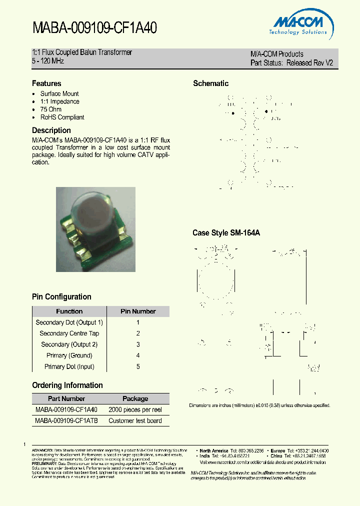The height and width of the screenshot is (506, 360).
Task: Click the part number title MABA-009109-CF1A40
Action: [x=95, y=28]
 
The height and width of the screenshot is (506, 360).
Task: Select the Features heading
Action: [x=46, y=83]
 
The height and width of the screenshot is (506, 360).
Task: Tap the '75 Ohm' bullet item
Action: [x=51, y=109]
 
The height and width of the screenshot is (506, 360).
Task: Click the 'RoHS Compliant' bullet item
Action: [x=62, y=117]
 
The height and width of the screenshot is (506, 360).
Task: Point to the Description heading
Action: [x=51, y=130]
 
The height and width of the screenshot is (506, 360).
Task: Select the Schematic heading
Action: [x=210, y=83]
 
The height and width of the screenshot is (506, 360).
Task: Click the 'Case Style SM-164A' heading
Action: [x=226, y=233]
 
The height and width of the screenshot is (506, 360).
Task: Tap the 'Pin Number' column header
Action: [x=138, y=311]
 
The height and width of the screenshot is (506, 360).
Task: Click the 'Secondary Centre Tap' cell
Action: [x=69, y=333]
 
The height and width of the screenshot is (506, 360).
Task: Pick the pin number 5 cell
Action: [x=138, y=366]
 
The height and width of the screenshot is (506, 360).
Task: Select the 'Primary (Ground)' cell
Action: [x=69, y=355]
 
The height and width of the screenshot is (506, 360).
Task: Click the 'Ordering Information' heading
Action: [x=67, y=385]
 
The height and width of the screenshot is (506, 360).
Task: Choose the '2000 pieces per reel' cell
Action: [x=135, y=410]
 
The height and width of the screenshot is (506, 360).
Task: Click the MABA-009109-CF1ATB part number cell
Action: [x=66, y=421]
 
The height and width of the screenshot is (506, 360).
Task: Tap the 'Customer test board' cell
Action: [x=135, y=421]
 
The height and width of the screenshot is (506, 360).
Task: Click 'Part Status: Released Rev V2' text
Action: [x=291, y=63]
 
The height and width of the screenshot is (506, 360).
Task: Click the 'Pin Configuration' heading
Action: [x=61, y=297]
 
